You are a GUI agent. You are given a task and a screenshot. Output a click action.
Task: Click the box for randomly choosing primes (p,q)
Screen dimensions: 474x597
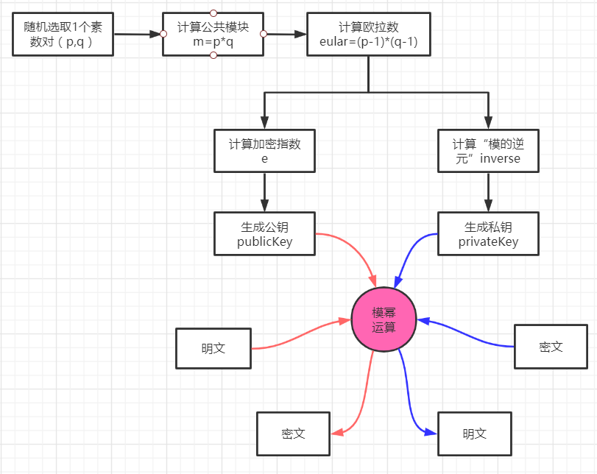click(63, 35)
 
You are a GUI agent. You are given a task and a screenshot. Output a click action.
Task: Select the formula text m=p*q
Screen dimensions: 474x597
click(213, 42)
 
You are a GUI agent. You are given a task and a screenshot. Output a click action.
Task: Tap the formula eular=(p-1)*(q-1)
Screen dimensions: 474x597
click(368, 42)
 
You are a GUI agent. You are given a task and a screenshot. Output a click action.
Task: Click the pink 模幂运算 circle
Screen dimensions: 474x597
click(384, 319)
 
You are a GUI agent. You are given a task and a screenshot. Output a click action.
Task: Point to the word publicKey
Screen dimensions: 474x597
click(264, 241)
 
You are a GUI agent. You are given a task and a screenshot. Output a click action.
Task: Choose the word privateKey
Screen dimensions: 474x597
click(487, 241)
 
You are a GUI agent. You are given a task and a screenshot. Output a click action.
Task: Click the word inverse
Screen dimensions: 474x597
click(500, 158)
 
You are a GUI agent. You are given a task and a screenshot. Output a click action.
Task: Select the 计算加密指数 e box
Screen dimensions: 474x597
click(264, 151)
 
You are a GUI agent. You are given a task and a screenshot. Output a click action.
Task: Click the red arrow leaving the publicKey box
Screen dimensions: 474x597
click(353, 250)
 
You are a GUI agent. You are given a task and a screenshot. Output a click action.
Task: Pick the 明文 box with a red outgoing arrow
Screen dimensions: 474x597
click(213, 348)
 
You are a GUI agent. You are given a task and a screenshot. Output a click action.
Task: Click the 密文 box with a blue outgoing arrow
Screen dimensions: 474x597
click(551, 346)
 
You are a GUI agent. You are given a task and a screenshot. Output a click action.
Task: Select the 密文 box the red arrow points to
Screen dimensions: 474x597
click(293, 434)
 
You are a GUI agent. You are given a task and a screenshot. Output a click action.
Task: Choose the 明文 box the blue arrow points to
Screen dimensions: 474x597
click(474, 434)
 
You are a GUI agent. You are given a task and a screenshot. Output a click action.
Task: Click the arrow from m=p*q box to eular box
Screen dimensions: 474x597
click(286, 34)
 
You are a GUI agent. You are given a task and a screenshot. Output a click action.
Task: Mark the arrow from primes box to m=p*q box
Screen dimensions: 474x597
click(138, 34)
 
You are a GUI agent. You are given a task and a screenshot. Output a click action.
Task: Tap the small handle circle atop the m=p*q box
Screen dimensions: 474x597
click(213, 13)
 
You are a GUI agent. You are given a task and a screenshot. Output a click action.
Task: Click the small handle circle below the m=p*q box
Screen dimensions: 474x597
click(213, 55)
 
